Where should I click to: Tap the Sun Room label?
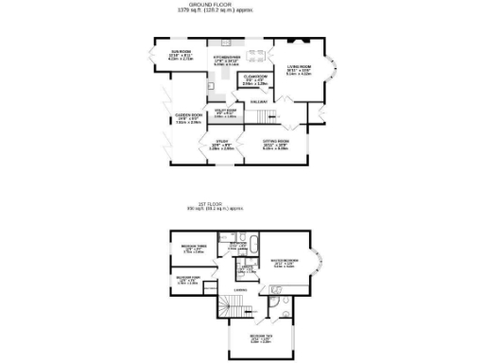181,53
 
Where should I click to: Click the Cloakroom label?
255,78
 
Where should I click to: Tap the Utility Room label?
224,112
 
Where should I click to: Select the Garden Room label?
188,116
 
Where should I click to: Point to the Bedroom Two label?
263,337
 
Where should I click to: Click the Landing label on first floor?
242,290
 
